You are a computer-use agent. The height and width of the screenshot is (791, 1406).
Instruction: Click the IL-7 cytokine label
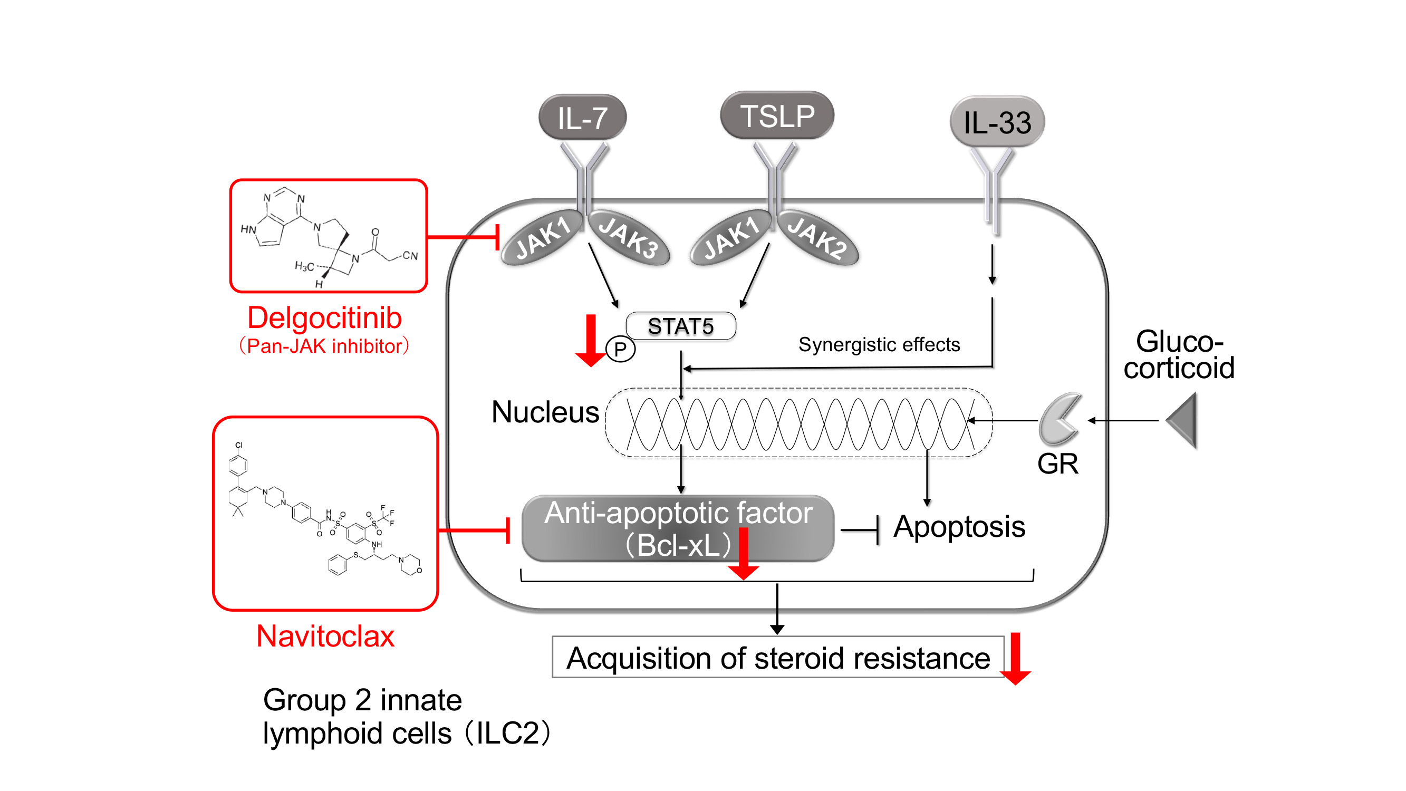tap(582, 118)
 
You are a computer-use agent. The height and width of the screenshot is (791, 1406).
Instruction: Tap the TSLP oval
tap(777, 115)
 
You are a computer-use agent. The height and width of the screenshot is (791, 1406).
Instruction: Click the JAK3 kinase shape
tap(628, 238)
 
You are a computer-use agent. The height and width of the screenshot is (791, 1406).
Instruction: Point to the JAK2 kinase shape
tap(817, 238)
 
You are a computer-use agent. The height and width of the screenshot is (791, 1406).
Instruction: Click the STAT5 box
tap(681, 326)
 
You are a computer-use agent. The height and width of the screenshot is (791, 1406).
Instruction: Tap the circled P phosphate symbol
tap(621, 350)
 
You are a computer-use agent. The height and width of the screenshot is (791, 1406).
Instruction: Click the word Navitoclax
tap(325, 636)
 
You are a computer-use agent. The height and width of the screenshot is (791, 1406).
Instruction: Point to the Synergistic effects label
tap(879, 345)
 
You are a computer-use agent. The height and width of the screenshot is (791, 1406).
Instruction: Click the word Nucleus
tap(545, 412)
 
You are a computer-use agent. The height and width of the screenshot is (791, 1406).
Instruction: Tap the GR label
tap(1057, 464)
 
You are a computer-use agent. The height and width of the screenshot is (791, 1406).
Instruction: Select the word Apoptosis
tap(959, 527)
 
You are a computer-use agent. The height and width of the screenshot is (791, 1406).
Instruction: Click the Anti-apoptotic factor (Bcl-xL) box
tap(678, 528)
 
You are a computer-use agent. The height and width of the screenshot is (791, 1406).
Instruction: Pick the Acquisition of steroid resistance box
tap(778, 657)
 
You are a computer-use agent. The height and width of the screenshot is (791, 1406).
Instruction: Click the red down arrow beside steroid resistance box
tap(1015, 658)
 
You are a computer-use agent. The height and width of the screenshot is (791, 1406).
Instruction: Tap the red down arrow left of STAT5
tap(591, 340)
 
